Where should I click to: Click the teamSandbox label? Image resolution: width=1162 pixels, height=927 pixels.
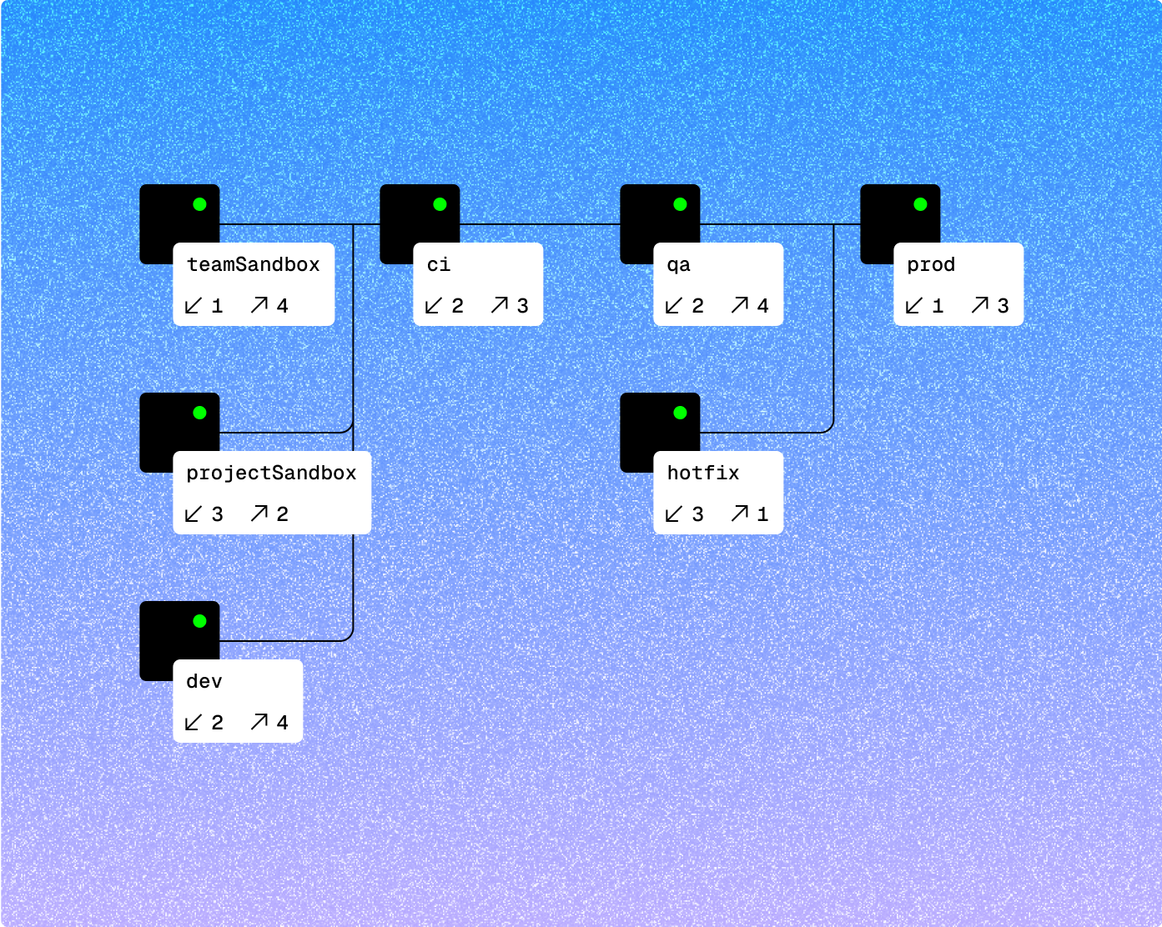click(x=253, y=265)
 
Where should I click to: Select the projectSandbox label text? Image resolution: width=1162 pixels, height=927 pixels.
click(x=271, y=474)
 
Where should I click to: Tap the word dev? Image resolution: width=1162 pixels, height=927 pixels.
click(x=204, y=682)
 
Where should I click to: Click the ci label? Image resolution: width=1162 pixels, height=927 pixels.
click(x=439, y=265)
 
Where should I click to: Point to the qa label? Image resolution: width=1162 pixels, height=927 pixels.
click(x=678, y=265)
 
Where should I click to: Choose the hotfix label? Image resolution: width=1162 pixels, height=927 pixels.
click(x=703, y=474)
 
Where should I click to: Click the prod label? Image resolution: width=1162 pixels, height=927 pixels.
click(x=931, y=265)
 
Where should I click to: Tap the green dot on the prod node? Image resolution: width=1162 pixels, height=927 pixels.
click(x=920, y=204)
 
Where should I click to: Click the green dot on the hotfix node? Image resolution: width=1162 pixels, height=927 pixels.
click(x=680, y=413)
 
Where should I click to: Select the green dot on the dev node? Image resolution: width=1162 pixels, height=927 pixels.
click(x=199, y=621)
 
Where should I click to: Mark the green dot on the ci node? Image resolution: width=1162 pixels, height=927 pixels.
click(x=440, y=204)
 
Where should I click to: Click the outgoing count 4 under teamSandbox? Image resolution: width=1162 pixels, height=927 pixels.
click(x=283, y=306)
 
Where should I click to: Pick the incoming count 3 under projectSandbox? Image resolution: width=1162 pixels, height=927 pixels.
click(x=218, y=514)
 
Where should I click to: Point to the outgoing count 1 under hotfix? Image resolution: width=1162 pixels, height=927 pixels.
click(x=762, y=514)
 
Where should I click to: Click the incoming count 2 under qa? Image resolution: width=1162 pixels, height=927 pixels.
click(x=698, y=306)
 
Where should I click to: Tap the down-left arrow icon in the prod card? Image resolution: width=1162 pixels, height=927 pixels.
click(x=914, y=306)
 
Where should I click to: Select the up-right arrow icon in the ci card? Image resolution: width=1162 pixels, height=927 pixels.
click(x=500, y=305)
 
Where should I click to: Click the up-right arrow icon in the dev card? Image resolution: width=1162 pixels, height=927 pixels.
click(x=259, y=722)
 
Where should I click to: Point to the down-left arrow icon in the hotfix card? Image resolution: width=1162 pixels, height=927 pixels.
click(x=674, y=514)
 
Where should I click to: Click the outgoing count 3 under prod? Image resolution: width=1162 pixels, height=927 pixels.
click(x=1004, y=306)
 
